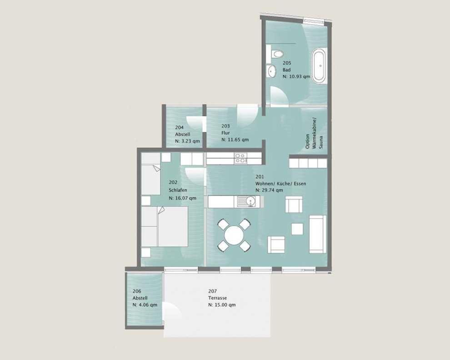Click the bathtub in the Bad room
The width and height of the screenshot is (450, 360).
click(x=319, y=66)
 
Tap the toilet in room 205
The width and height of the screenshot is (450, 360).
click(x=277, y=54)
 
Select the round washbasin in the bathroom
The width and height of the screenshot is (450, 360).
click(x=271, y=71)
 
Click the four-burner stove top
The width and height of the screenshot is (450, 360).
click(x=240, y=158)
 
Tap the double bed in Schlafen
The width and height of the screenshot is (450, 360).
click(x=165, y=226)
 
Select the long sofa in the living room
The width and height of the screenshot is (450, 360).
click(x=318, y=234)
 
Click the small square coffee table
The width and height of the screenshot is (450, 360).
click(x=297, y=229)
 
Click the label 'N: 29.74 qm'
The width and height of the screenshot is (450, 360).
click(x=269, y=190)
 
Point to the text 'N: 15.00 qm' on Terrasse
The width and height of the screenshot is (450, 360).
click(x=222, y=305)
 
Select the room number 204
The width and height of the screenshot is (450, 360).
click(x=180, y=127)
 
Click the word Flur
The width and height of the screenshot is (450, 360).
click(x=225, y=133)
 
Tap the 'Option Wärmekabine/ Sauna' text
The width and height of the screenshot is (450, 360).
click(x=314, y=134)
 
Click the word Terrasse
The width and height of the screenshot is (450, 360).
click(x=218, y=298)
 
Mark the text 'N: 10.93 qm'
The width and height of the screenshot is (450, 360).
click(x=296, y=77)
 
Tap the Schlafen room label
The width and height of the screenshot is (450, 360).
click(x=178, y=190)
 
